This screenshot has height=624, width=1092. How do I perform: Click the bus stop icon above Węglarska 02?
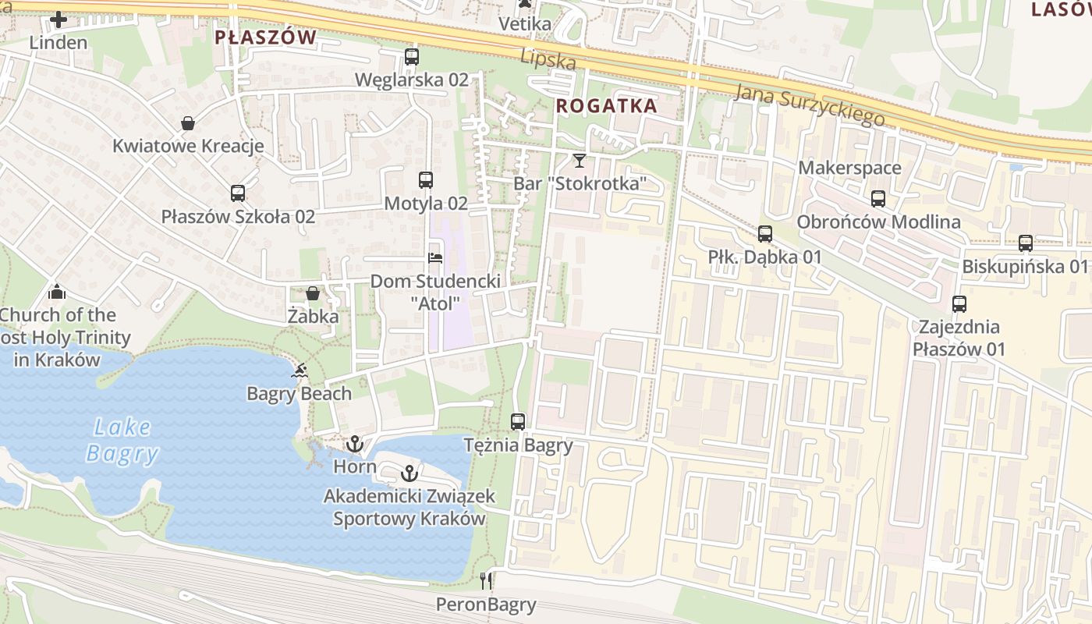[x=411, y=57]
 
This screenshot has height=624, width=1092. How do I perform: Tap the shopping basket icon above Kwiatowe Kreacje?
[x=188, y=123]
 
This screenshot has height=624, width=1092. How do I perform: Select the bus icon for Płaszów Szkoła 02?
[x=237, y=193]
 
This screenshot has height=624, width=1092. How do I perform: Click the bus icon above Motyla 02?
[x=425, y=180]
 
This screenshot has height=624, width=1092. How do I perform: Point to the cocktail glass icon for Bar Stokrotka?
[x=579, y=161]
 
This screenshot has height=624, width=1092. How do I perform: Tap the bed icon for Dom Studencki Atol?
[x=435, y=257]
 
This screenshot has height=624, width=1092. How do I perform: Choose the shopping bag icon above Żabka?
[x=313, y=293]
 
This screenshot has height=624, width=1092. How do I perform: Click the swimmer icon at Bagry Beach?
[x=299, y=370]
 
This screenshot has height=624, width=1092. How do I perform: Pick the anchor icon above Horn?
[x=355, y=444]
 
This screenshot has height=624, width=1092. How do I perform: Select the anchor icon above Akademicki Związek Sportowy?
[x=409, y=473]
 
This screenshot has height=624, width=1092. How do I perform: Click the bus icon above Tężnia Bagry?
[x=518, y=422]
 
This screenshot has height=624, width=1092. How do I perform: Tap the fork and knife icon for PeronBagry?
[x=486, y=580]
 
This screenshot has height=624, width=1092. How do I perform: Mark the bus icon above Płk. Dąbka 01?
[x=764, y=233]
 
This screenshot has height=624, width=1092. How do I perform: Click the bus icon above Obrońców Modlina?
[x=878, y=199]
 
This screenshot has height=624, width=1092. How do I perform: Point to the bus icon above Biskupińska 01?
[x=1025, y=243]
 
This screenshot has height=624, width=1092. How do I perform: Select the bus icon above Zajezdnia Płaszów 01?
[x=959, y=304]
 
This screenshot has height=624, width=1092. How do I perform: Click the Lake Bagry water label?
[x=122, y=441]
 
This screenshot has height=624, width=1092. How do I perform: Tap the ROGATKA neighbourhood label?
[x=607, y=106]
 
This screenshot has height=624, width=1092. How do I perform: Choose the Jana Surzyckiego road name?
[x=810, y=104]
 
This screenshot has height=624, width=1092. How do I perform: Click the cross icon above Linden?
[x=58, y=19]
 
